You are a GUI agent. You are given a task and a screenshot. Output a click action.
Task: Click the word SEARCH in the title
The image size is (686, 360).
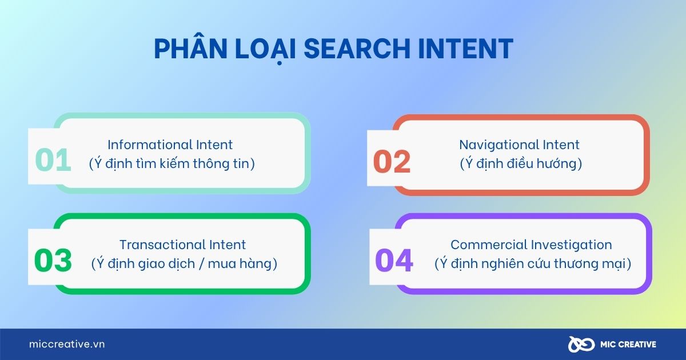(x=357, y=49)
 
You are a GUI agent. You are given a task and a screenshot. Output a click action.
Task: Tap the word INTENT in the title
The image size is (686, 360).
(x=465, y=49)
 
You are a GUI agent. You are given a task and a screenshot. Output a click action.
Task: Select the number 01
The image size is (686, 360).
(x=53, y=160)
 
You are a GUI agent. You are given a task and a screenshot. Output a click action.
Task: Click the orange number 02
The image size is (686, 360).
(x=392, y=162)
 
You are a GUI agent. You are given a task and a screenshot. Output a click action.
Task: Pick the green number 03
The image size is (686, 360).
(x=53, y=260)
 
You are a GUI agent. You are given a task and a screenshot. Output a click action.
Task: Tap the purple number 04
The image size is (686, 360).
(x=394, y=260)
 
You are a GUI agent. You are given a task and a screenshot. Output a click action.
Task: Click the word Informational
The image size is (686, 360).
(x=150, y=145)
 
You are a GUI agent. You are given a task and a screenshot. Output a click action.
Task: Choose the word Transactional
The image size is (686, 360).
(x=162, y=245)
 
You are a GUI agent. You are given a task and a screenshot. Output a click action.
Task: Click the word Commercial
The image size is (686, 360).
(x=489, y=245)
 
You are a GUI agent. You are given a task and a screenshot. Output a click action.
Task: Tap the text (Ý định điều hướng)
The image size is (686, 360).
(x=521, y=163)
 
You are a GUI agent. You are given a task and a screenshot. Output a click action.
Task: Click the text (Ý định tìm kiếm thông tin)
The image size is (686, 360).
(x=172, y=163)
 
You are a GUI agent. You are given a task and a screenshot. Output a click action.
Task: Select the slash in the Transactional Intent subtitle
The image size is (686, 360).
(x=201, y=264)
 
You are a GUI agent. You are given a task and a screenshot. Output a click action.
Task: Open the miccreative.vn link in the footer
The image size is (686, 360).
(x=67, y=344)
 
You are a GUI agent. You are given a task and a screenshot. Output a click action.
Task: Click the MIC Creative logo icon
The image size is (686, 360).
(x=581, y=345)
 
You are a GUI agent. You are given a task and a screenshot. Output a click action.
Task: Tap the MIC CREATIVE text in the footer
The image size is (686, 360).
(x=628, y=345)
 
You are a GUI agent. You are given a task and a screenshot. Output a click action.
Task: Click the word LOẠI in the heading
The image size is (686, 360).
(x=265, y=50)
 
